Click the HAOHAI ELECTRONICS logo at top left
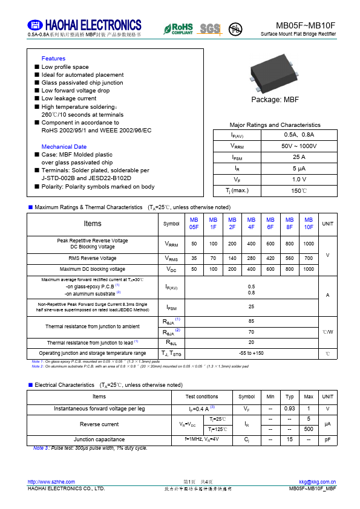point(84,25)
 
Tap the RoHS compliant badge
point(178,28)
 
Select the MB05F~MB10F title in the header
point(306,25)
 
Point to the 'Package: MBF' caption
point(275,99)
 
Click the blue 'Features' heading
point(53,59)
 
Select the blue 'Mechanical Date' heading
point(64,147)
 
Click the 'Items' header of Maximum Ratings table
point(93,224)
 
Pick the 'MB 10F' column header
point(309,224)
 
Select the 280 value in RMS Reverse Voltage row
point(251,258)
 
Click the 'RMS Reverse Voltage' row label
point(93,258)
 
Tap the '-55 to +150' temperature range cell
point(251,353)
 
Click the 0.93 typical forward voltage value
point(289,409)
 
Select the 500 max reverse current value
point(309,429)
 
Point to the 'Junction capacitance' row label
point(99,439)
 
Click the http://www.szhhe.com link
point(51,481)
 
